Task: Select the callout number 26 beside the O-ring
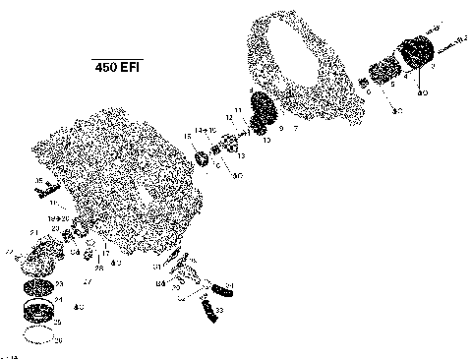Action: coord(58,340)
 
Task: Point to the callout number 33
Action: coord(218,309)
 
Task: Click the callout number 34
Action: coord(229,286)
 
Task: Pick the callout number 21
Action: coord(32,232)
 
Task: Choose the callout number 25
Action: coord(57,323)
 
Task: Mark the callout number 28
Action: coord(99,268)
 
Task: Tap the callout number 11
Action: coord(237,110)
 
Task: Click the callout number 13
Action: coord(240,155)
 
